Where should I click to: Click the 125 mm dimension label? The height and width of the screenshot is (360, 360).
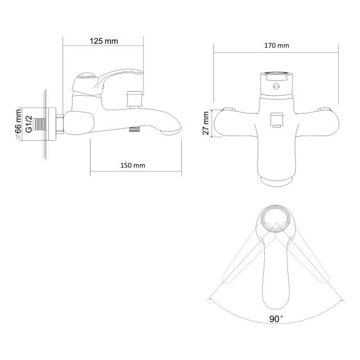point(103,41)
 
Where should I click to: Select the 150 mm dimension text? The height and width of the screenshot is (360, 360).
point(133,165)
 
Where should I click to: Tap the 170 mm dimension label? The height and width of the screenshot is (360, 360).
point(277,46)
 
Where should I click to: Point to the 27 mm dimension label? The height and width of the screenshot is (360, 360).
point(206,123)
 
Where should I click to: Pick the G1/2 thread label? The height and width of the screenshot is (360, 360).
point(29,124)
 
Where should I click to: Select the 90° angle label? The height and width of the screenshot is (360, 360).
point(276,319)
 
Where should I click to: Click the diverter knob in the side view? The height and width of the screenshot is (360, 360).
point(134,99)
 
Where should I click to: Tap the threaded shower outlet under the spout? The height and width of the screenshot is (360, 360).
point(135,129)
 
